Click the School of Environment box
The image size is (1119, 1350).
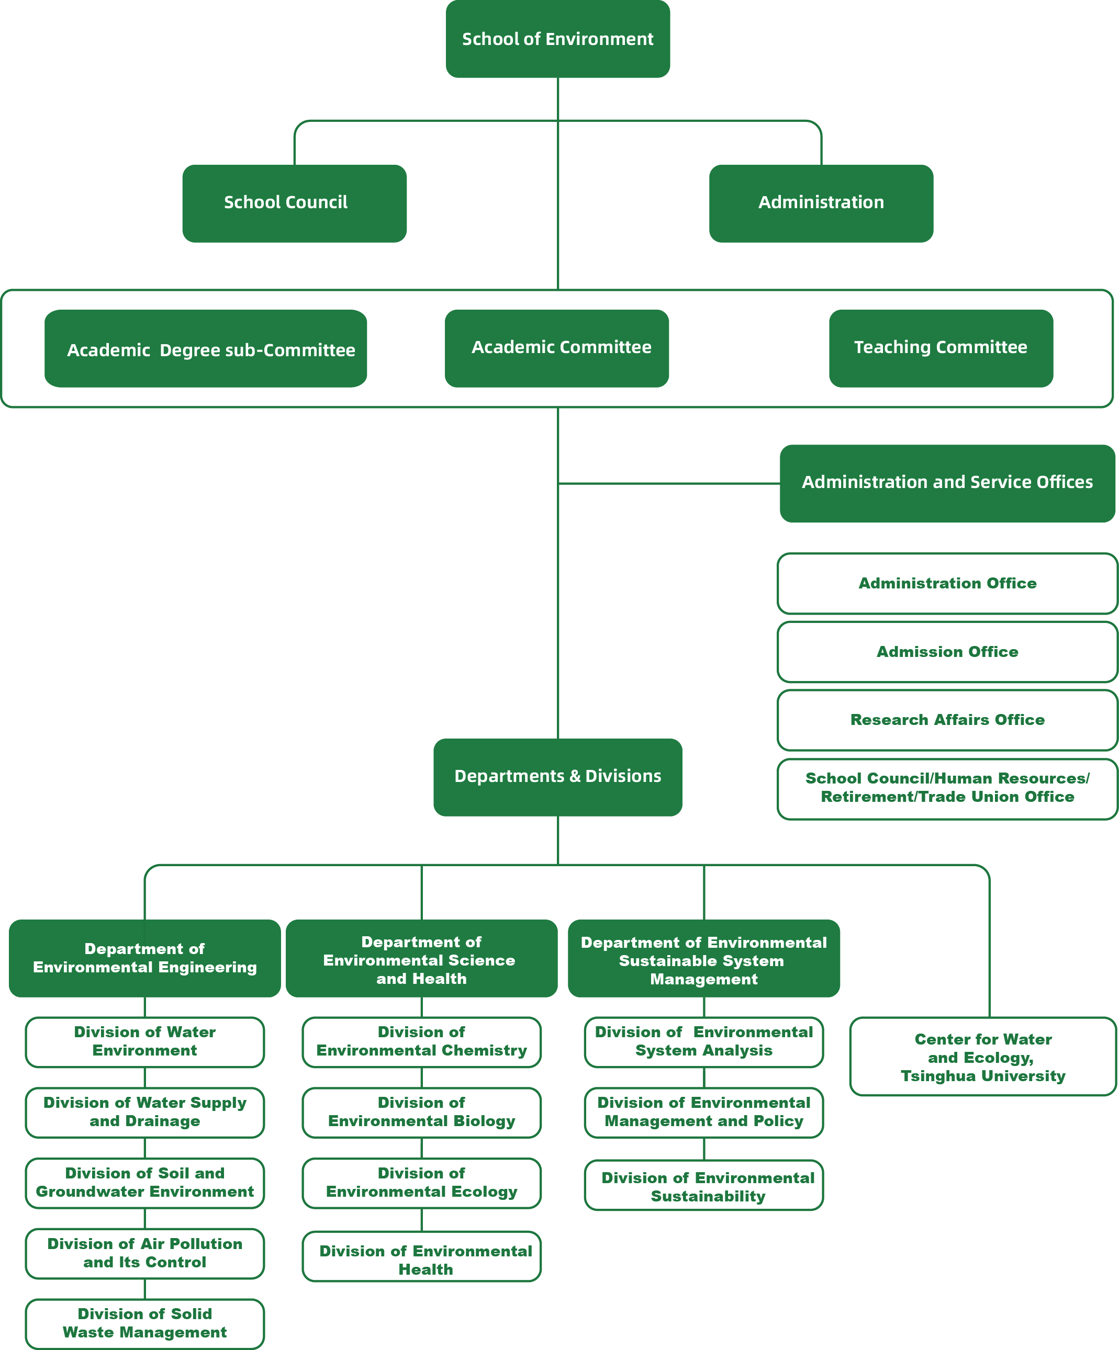pos(557,39)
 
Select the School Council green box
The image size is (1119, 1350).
pos(294,203)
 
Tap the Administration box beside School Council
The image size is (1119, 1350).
pos(821,203)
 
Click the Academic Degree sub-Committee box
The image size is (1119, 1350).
pos(206,348)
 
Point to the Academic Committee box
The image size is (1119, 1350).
pos(557,348)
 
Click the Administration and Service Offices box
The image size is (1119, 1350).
pos(947,483)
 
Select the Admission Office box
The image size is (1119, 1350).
pos(947,652)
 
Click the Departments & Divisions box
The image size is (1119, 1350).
pos(557,777)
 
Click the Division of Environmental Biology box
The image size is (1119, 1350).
pos(421,1112)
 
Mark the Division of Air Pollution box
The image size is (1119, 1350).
pos(144,1253)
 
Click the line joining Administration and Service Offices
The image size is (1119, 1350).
pos(669,483)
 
